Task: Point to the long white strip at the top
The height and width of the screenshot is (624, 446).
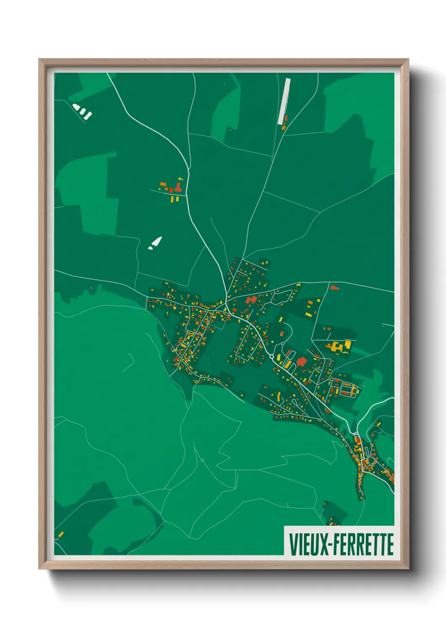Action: click(284, 101)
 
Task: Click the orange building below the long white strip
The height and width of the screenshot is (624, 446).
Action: click(284, 127)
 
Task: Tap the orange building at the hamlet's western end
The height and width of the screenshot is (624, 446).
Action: click(162, 184)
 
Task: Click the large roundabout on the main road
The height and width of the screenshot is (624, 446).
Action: click(272, 357)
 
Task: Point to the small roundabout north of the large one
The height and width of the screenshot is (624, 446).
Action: click(282, 344)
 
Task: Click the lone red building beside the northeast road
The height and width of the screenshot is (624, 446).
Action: click(334, 288)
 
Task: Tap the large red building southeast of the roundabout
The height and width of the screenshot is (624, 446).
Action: click(301, 362)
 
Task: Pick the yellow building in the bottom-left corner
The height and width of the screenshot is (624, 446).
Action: click(61, 535)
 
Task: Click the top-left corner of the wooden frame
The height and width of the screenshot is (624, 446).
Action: click(40, 59)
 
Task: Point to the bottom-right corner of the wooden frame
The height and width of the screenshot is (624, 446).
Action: click(408, 568)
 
